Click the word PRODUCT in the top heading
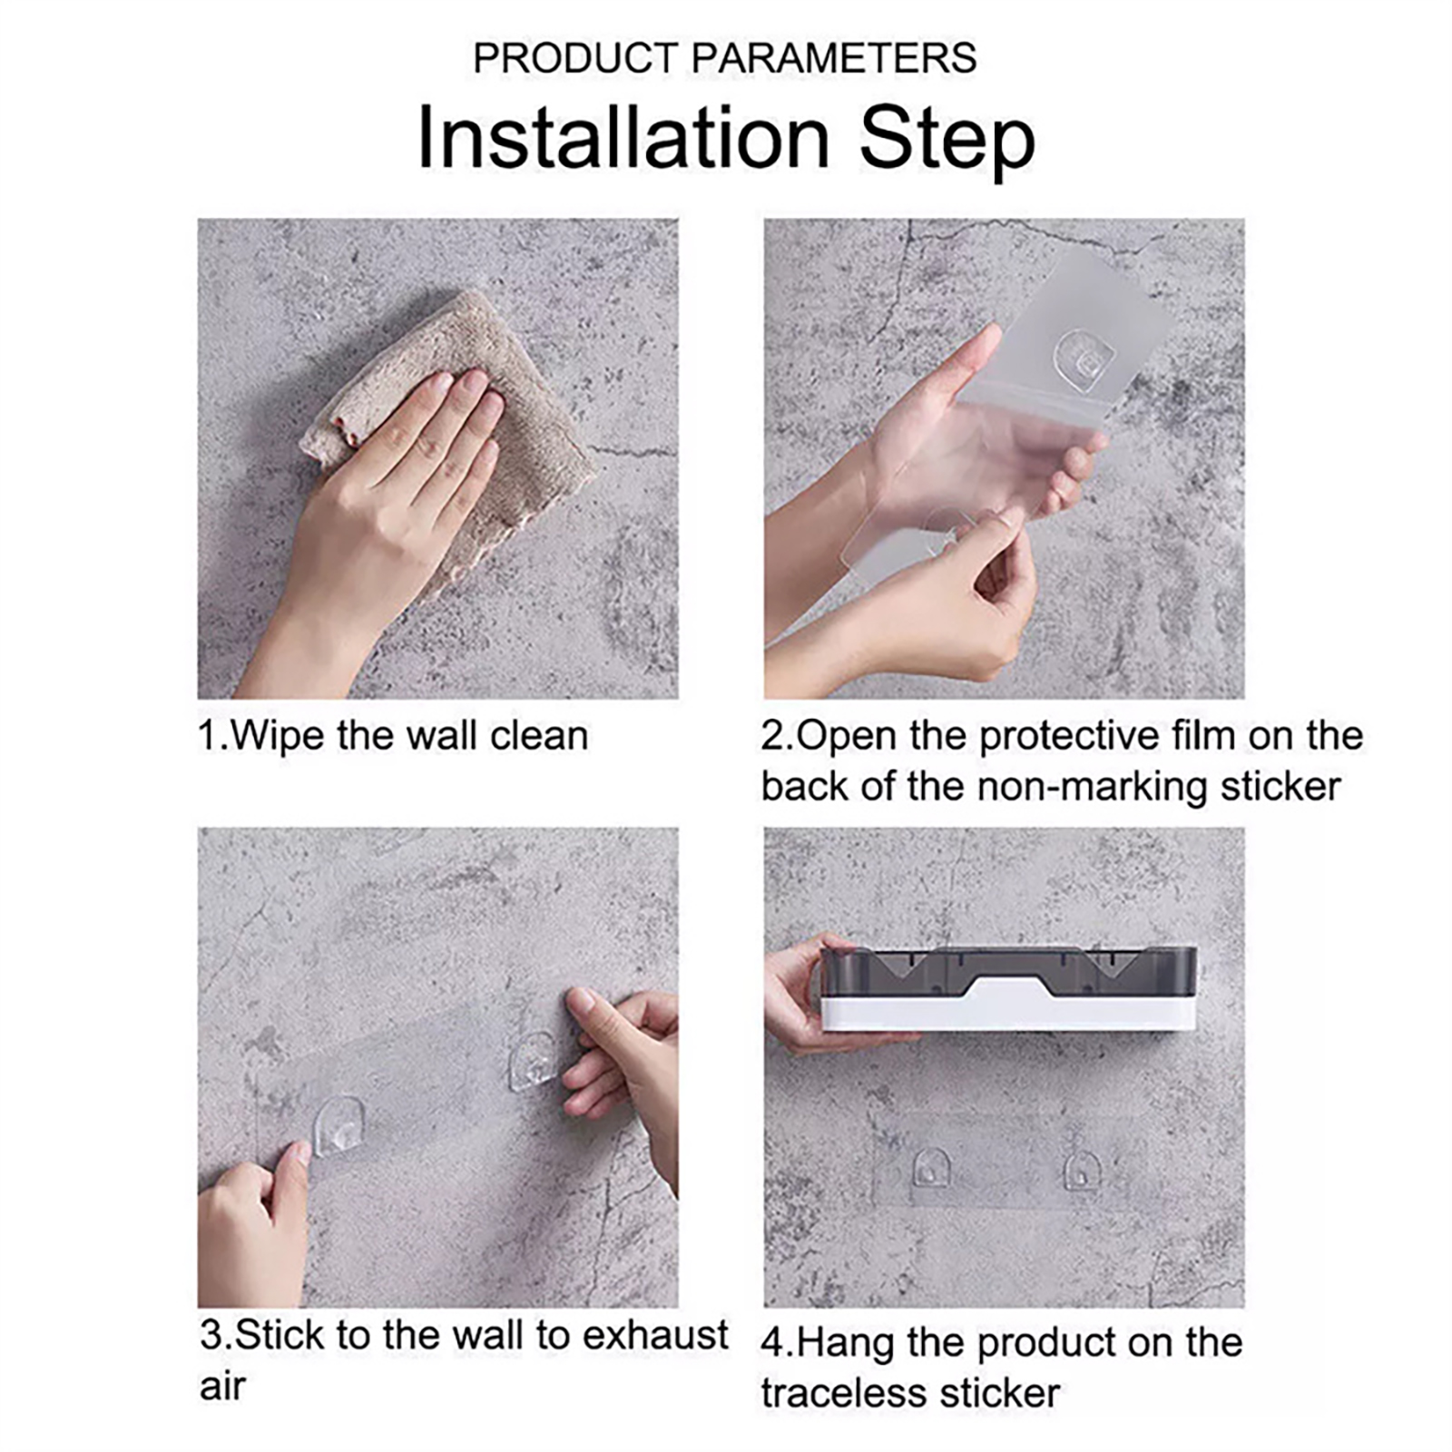(576, 58)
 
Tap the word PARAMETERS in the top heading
(834, 58)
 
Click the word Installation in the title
(623, 138)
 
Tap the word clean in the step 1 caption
(539, 735)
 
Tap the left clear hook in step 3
(339, 1125)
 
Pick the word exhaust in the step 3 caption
(655, 1335)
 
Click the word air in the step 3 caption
(223, 1387)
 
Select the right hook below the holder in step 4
(1082, 1170)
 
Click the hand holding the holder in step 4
(803, 994)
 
